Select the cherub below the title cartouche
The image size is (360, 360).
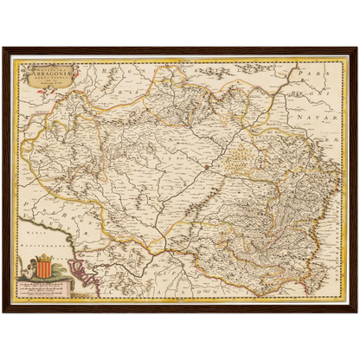point(51,96)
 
